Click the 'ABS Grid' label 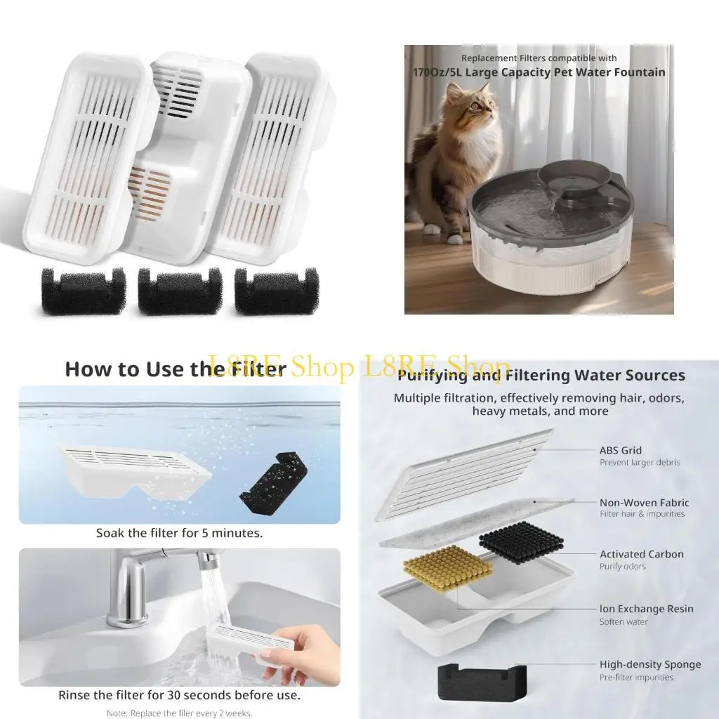pos(621,451)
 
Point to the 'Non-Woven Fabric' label pos(644,503)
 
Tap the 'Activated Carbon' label pos(641,555)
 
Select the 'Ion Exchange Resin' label pos(646,609)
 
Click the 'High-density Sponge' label pos(649,664)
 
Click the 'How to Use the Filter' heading pos(176,369)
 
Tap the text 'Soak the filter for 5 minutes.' pos(180,534)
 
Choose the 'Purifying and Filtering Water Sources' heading pos(541,376)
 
